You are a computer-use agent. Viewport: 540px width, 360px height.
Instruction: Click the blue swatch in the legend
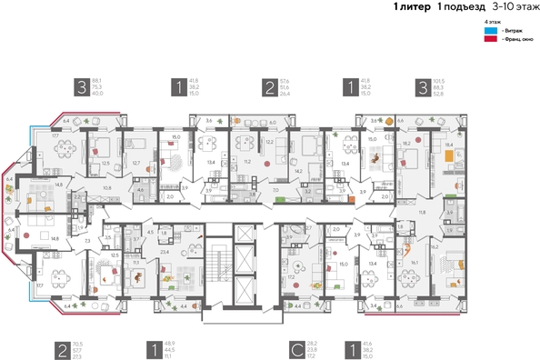(x=490, y=30)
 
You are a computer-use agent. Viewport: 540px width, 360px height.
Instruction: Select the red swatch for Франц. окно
(x=490, y=40)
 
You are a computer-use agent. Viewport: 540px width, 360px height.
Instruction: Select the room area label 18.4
(x=448, y=145)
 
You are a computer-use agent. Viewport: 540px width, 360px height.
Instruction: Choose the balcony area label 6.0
(x=272, y=121)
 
